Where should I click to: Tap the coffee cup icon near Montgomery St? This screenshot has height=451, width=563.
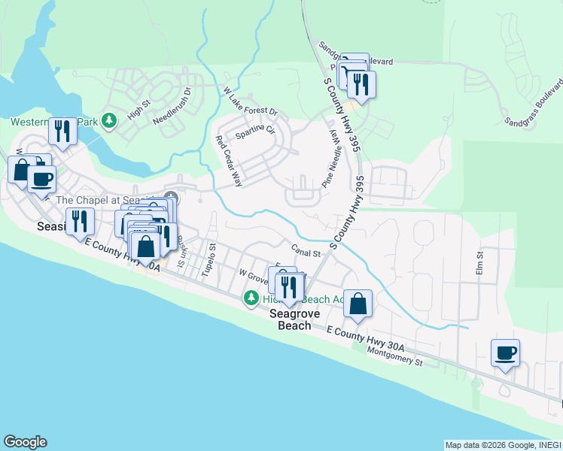(x=505, y=353)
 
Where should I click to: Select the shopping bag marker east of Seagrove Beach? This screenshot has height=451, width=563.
(x=358, y=304)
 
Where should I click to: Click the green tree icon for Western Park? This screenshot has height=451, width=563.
(x=109, y=120)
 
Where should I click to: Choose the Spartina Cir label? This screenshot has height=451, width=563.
(x=255, y=133)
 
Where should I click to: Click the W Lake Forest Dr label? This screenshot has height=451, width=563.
(x=251, y=101)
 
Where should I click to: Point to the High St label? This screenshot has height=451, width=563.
(x=140, y=111)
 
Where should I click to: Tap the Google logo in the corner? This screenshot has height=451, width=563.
(x=25, y=442)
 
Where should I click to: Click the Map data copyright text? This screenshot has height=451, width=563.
(x=502, y=445)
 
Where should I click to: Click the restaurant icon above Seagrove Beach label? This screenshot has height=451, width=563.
(x=288, y=287)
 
